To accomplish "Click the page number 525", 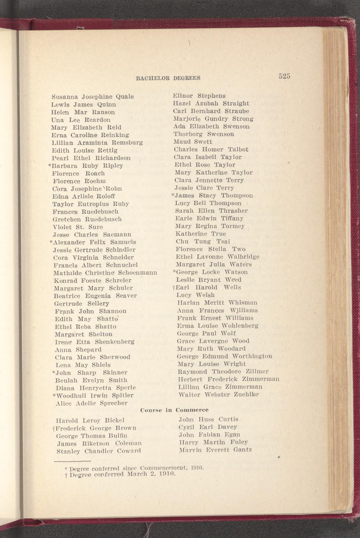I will (x=284, y=76).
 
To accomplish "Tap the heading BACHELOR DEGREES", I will (x=168, y=78).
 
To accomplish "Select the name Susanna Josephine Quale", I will (x=93, y=97).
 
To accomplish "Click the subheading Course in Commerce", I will (x=174, y=410).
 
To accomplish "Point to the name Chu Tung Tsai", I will (x=203, y=242).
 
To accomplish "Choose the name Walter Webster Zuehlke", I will (x=219, y=395).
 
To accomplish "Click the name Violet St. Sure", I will (x=78, y=227).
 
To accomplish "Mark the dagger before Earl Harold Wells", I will (x=174, y=288).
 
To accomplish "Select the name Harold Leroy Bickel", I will (x=90, y=421).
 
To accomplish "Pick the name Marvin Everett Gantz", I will (x=215, y=450).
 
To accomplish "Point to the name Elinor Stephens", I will (x=199, y=96).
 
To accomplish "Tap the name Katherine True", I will (x=201, y=234).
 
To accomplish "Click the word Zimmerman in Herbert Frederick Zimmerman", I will (x=261, y=379).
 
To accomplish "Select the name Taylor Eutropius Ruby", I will (x=91, y=204).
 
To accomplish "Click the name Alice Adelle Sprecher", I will (x=92, y=403).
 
